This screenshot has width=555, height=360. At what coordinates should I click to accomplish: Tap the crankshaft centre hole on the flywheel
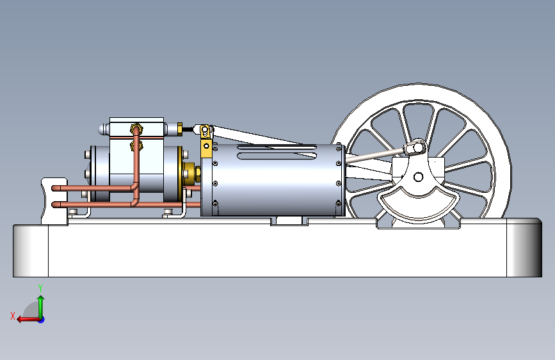click(418, 176)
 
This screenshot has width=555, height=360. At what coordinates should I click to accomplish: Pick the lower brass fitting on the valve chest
click(136, 145)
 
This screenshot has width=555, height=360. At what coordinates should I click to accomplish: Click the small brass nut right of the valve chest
click(180, 129)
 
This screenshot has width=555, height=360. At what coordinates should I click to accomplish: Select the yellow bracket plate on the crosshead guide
click(206, 149)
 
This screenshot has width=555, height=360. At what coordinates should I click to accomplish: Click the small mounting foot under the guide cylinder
click(290, 220)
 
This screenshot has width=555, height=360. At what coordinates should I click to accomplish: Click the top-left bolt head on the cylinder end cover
click(86, 155)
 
